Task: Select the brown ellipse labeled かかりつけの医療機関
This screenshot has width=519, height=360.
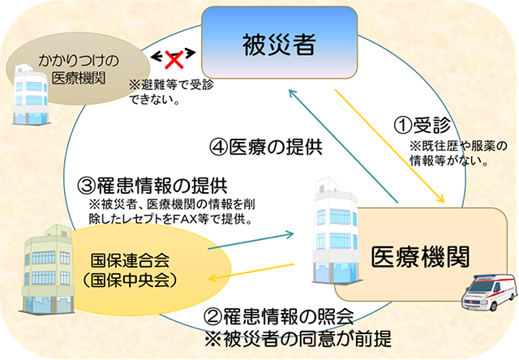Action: click(70, 70)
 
